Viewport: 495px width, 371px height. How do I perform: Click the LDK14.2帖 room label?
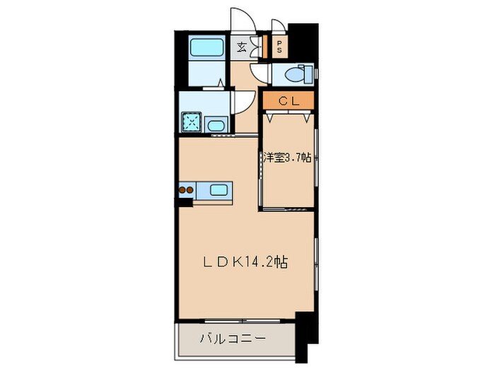click(245, 262)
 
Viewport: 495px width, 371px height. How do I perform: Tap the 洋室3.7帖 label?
click(288, 158)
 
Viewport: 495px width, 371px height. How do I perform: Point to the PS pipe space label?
click(279, 48)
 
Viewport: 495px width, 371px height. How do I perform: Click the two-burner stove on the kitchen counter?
click(187, 189)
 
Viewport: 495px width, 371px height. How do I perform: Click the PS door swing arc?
click(278, 26)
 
